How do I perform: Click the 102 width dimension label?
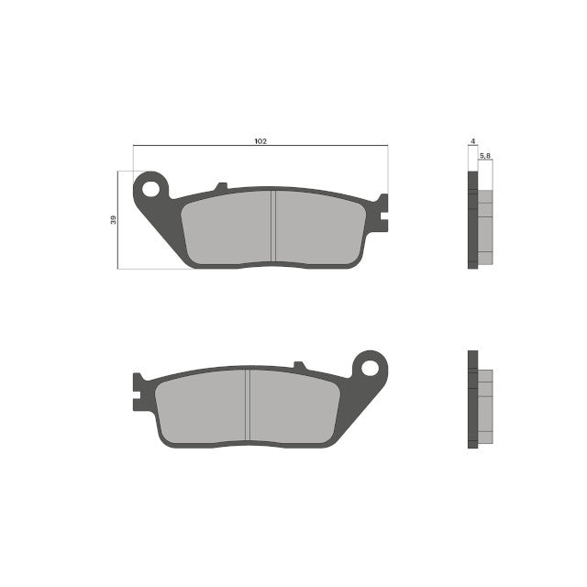260,141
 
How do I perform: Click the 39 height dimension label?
113,220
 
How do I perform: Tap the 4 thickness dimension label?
471,142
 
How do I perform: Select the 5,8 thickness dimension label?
485,158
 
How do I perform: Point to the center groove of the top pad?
274,227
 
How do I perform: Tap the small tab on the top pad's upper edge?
220,187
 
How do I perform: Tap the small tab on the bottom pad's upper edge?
298,366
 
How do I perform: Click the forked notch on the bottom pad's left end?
138,392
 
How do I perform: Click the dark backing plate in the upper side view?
472,220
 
